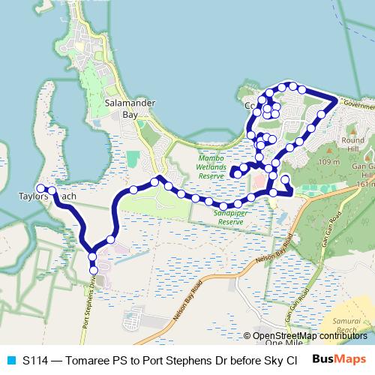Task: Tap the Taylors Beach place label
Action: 47,197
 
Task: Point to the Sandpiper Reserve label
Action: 229,217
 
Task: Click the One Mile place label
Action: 283,343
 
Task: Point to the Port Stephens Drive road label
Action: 86,304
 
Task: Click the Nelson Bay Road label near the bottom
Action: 186,301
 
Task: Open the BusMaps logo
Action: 339,360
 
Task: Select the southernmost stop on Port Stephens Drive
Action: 94,270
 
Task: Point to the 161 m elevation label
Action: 366,184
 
